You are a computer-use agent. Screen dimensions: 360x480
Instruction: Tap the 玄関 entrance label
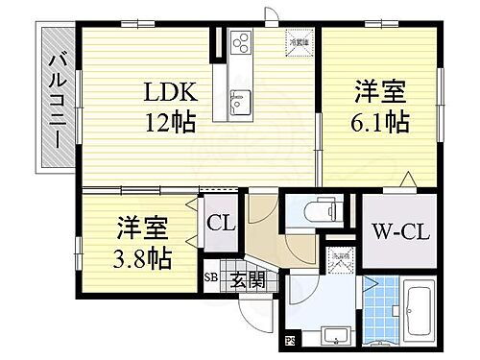pos(246,282)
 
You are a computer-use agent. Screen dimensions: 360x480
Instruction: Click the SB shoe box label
pos(210,282)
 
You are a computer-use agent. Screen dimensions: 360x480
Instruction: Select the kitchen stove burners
pos(239,44)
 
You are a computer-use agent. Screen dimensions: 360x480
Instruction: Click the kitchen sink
pos(239,99)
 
